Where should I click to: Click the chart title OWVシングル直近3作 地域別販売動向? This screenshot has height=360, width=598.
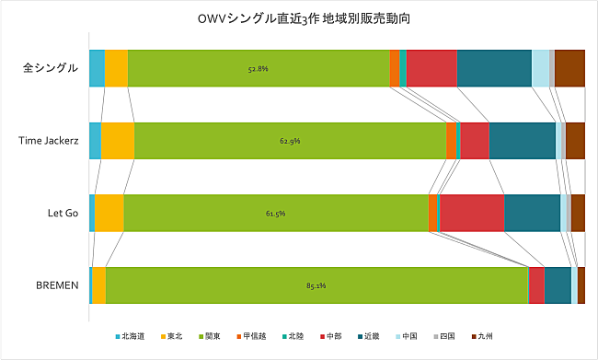click(x=298, y=19)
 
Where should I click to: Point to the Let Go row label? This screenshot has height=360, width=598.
click(x=61, y=213)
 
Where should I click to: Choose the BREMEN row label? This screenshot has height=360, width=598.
click(x=57, y=285)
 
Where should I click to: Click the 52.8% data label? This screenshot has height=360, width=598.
click(x=259, y=68)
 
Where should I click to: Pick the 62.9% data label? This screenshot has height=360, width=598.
click(x=290, y=141)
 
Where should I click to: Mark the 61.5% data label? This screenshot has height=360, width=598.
click(x=275, y=213)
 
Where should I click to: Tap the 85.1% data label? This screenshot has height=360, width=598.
click(x=316, y=285)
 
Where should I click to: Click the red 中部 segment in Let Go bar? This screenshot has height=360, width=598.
click(x=472, y=213)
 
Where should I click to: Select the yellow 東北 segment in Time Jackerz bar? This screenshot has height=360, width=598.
click(x=117, y=141)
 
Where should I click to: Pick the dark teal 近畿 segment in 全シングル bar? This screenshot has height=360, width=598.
click(x=494, y=68)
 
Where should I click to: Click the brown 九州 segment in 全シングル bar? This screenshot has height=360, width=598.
click(x=569, y=68)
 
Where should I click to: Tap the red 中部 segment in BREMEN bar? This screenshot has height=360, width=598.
click(x=536, y=285)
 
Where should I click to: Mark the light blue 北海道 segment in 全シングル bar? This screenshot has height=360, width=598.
click(x=97, y=68)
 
